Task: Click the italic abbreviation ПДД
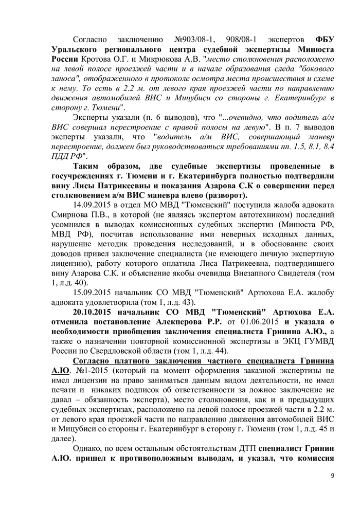click(x=60, y=156)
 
